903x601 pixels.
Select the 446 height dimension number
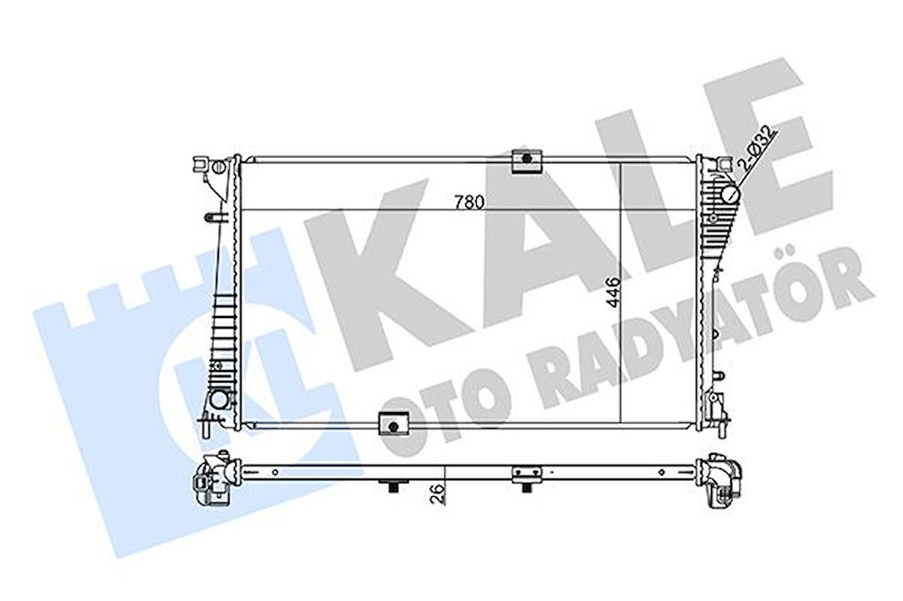[x=614, y=292]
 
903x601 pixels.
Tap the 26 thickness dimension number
[x=439, y=495]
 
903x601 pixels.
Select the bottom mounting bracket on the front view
[x=393, y=425]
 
